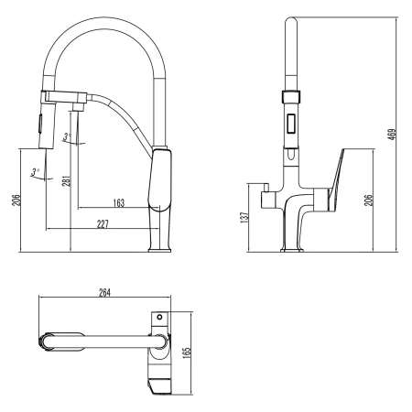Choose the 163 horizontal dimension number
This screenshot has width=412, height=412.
[118, 202]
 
